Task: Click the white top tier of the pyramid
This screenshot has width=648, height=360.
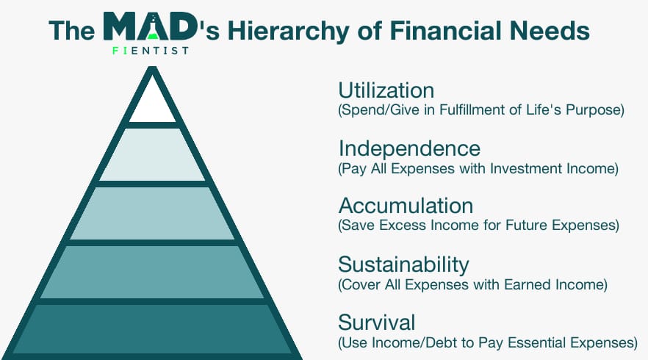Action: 153,104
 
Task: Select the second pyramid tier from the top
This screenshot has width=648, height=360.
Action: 153,154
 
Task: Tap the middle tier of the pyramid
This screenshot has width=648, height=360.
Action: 153,213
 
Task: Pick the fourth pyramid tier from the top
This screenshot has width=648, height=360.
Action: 153,272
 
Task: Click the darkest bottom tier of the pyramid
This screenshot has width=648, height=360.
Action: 153,328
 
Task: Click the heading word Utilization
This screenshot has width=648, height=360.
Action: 386,90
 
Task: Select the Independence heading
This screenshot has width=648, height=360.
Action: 409,149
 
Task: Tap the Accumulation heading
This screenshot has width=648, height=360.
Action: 406,206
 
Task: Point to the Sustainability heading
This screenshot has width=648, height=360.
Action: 403,265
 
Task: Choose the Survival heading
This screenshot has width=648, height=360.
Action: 376,323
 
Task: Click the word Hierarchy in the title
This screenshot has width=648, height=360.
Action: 289,32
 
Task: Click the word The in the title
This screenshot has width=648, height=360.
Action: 72,31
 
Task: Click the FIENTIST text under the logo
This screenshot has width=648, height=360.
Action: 151,51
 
